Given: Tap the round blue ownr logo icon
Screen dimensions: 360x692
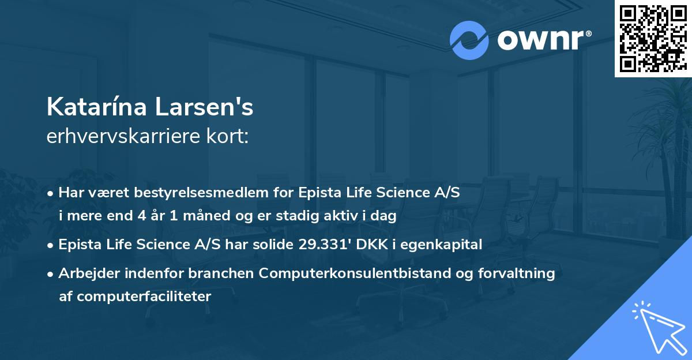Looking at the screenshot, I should click(x=469, y=40).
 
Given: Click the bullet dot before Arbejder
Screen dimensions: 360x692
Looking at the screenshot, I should click(x=51, y=274).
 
